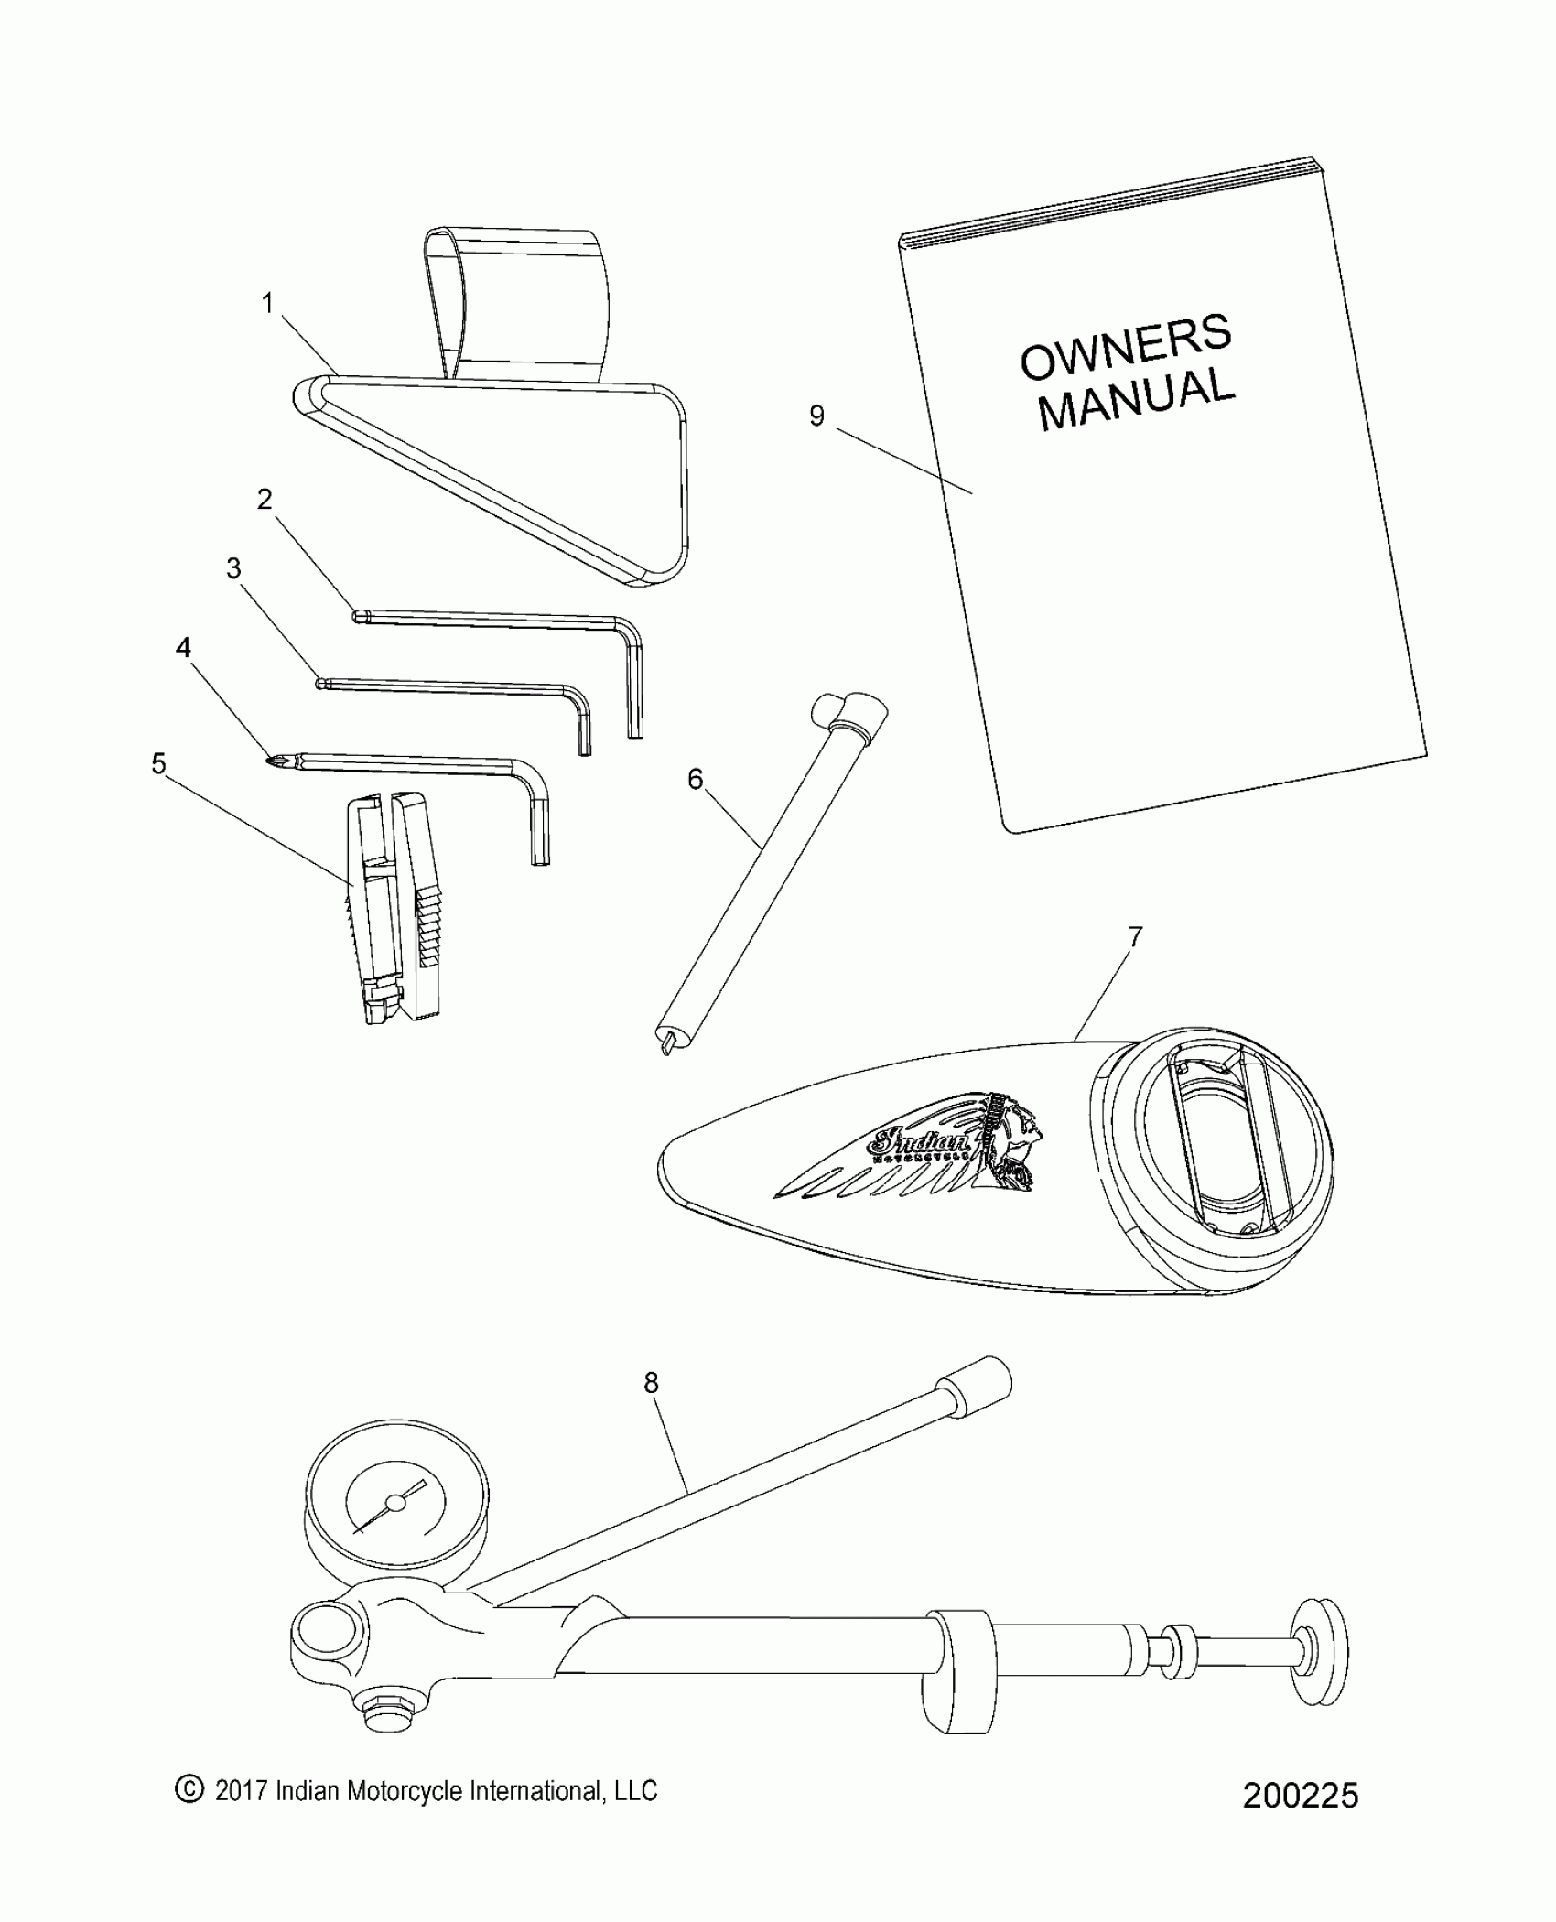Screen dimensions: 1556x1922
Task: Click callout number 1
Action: (x=267, y=303)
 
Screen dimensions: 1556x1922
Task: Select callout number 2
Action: (x=265, y=500)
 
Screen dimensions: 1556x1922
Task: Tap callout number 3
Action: (x=234, y=568)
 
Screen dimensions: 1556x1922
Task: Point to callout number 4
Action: (x=183, y=648)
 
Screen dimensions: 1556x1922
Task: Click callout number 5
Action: (x=159, y=763)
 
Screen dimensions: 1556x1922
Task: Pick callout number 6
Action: (x=696, y=780)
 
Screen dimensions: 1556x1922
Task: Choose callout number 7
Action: (x=1135, y=936)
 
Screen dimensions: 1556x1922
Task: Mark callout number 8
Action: (x=651, y=1409)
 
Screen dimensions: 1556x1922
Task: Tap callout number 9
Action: (x=816, y=416)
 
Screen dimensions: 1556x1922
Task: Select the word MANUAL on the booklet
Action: (x=1137, y=400)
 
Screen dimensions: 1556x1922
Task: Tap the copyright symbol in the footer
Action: (x=189, y=1814)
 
